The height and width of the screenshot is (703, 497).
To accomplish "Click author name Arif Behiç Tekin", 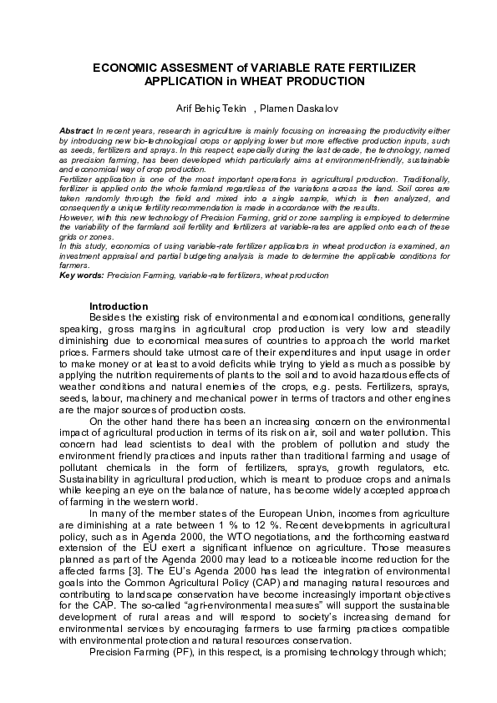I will pos(210,109).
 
